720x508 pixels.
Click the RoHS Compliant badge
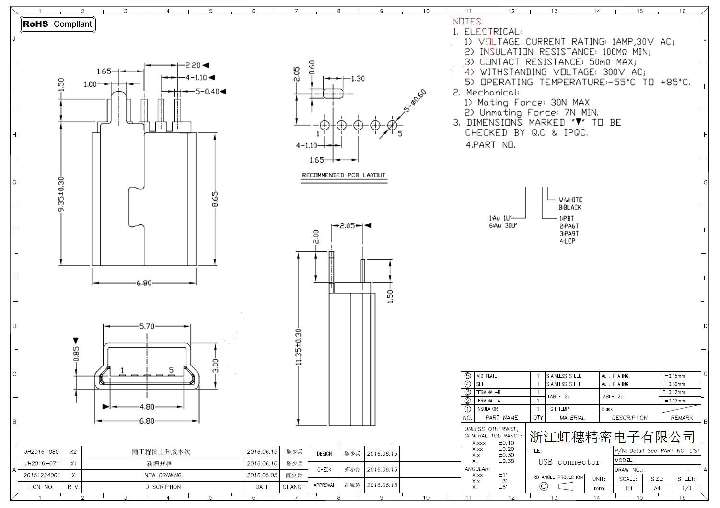coord(58,24)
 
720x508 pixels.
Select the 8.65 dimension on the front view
coord(215,200)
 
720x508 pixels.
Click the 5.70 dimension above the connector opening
coord(147,326)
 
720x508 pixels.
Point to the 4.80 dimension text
coord(147,407)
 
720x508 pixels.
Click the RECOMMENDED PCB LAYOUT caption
coord(344,175)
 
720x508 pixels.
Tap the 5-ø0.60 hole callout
coord(415,101)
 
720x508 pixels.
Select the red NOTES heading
coord(467,21)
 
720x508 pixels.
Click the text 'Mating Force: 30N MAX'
coord(527,102)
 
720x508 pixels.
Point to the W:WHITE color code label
coord(570,200)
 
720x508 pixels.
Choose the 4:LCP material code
coord(567,241)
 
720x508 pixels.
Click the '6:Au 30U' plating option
coord(503,225)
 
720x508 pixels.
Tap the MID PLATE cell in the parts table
coord(487,376)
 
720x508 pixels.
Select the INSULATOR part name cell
coord(487,409)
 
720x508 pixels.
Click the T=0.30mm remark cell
coord(674,384)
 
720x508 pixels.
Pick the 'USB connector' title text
coord(569,462)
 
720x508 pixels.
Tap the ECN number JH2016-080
coord(42,452)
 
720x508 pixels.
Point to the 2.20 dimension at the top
coord(193,65)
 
